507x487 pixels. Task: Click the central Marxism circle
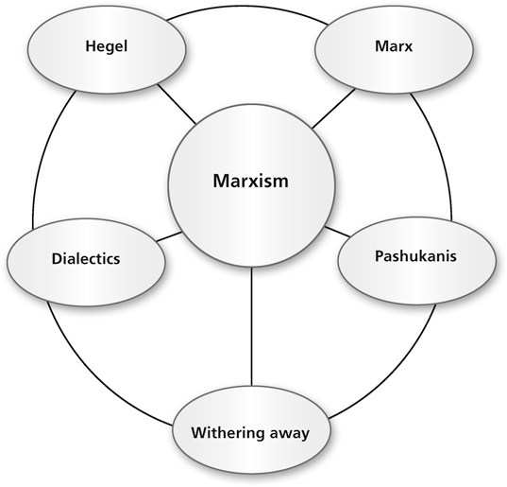pyautogui.click(x=251, y=185)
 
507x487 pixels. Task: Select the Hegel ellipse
pyautogui.click(x=107, y=49)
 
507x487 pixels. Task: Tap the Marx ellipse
pyautogui.click(x=394, y=49)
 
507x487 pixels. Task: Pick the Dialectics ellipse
pyautogui.click(x=86, y=262)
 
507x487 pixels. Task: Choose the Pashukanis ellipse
pyautogui.click(x=416, y=261)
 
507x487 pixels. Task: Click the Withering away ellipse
pyautogui.click(x=251, y=430)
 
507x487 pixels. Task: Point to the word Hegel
pyautogui.click(x=107, y=46)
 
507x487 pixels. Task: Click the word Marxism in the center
pyautogui.click(x=250, y=181)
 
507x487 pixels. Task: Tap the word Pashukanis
pyautogui.click(x=415, y=256)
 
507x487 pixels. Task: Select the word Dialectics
pyautogui.click(x=86, y=259)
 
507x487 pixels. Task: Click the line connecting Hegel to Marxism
pyautogui.click(x=177, y=104)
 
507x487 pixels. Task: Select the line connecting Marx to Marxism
pyautogui.click(x=333, y=108)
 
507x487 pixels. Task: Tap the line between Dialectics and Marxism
pyautogui.click(x=169, y=236)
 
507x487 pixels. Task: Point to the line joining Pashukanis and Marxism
pyautogui.click(x=338, y=231)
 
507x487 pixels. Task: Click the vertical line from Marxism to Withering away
pyautogui.click(x=251, y=327)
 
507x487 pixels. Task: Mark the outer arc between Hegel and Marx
pyautogui.click(x=247, y=7)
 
